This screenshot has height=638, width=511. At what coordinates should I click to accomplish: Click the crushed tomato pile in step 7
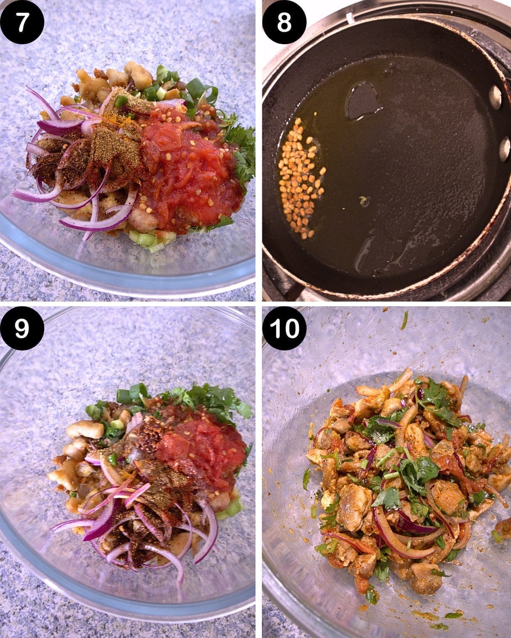(187, 170)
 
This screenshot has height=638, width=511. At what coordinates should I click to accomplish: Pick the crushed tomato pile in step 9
(200, 451)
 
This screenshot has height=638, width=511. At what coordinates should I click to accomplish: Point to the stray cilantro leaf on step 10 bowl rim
(404, 320)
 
